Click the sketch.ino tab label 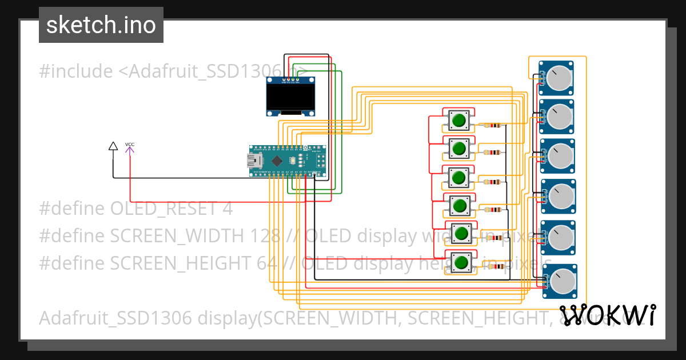pos(101,25)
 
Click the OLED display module pos(291,98)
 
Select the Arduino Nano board pos(288,161)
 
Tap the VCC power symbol pos(130,147)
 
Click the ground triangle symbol pos(113,146)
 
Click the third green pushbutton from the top pos(458,177)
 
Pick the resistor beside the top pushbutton pos(492,125)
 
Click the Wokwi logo pos(607,315)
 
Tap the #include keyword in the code pos(76,71)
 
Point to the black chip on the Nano pos(277,161)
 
